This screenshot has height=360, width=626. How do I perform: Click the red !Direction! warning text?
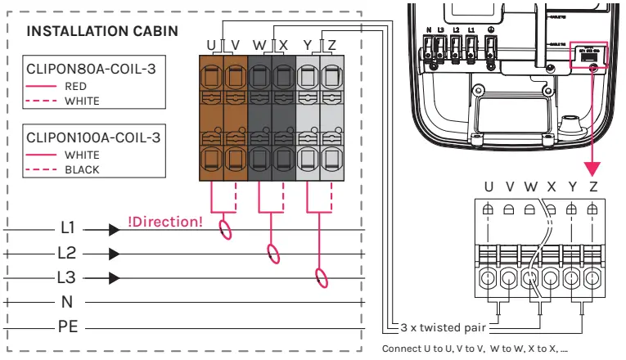coord(166,221)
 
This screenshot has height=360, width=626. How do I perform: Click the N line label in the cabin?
coord(67,301)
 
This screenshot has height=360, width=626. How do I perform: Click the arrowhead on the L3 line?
coord(113,277)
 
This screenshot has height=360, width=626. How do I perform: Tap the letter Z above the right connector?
coord(593,187)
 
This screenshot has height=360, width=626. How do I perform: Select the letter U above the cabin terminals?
coord(211,43)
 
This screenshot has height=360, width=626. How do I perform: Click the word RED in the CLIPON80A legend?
coord(75,85)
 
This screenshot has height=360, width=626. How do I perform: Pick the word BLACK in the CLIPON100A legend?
coord(82,170)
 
